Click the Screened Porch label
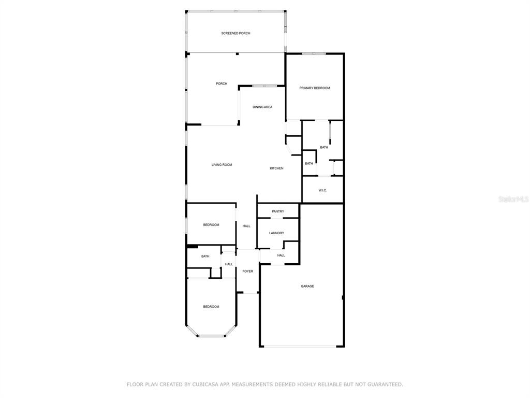click(x=235, y=33)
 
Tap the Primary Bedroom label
click(x=314, y=88)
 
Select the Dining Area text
click(x=262, y=107)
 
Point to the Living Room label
click(x=222, y=165)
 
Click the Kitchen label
click(x=276, y=168)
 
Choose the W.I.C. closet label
click(x=322, y=191)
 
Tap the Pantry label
click(x=278, y=211)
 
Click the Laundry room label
click(x=276, y=233)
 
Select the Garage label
click(x=307, y=286)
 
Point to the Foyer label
click(x=248, y=272)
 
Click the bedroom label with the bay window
click(x=211, y=307)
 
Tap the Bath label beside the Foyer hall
click(x=205, y=256)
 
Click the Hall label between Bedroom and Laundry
click(x=246, y=226)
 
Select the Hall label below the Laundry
click(x=281, y=255)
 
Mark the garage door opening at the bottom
click(x=300, y=346)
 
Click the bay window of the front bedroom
click(x=211, y=336)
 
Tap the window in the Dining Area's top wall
click(x=264, y=86)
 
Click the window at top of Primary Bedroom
click(x=314, y=53)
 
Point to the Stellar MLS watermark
click(x=513, y=200)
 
